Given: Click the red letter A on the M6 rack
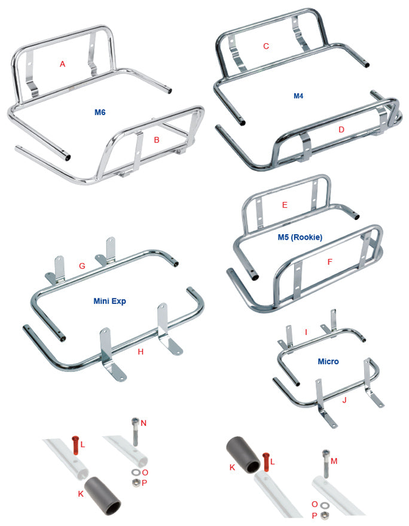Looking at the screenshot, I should pyautogui.click(x=62, y=64).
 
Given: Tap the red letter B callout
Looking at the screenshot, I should pyautogui.click(x=156, y=140).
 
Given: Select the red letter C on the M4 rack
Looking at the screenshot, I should pyautogui.click(x=266, y=46).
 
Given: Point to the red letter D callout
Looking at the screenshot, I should pyautogui.click(x=341, y=129).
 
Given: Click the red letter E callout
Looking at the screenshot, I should pyautogui.click(x=285, y=205).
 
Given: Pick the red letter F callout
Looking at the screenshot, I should pyautogui.click(x=329, y=262).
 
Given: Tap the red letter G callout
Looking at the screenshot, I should pyautogui.click(x=82, y=264).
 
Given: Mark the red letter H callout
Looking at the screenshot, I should pyautogui.click(x=141, y=352).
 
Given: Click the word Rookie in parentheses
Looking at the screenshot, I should pyautogui.click(x=307, y=237).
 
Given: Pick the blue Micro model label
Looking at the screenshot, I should pyautogui.click(x=328, y=361).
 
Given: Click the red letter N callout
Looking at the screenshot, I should pyautogui.click(x=144, y=423).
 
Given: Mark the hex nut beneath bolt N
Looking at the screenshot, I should pyautogui.click(x=135, y=481).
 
